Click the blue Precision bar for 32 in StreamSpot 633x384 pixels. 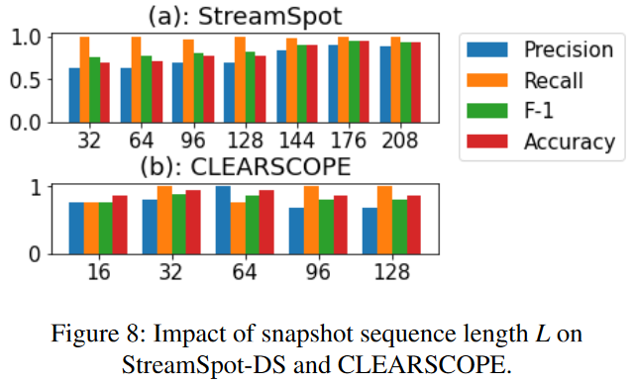pos(73,95)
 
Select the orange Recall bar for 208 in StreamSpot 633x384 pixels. pos(396,79)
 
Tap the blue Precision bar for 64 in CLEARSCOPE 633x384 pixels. pos(223,220)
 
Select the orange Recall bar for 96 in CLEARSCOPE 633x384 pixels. pos(311,220)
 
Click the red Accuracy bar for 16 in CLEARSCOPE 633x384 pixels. pos(120,225)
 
